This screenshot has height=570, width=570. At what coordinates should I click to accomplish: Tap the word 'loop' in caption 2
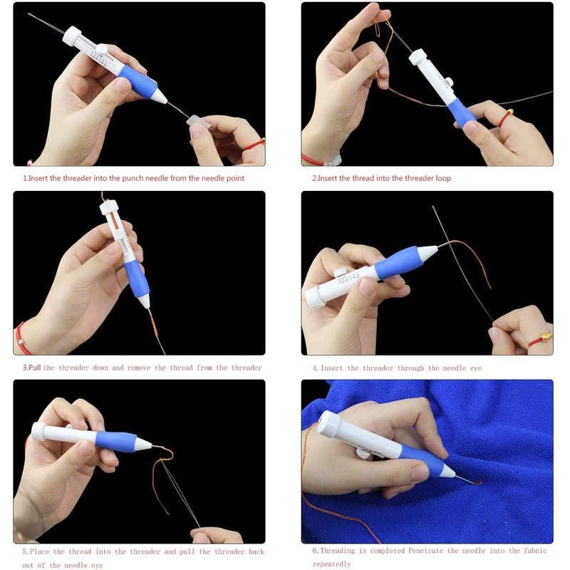pyautogui.click(x=443, y=179)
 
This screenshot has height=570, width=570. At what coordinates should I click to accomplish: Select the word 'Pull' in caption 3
pyautogui.click(x=34, y=368)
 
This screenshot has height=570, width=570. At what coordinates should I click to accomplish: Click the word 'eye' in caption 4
pyautogui.click(x=475, y=368)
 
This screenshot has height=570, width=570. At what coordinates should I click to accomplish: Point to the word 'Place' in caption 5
pyautogui.click(x=39, y=551)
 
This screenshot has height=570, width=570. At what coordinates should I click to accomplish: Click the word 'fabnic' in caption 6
pyautogui.click(x=536, y=551)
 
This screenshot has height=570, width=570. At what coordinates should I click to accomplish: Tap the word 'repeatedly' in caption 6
pyautogui.click(x=331, y=564)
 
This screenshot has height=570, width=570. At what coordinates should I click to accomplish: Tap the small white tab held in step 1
pyautogui.click(x=199, y=121)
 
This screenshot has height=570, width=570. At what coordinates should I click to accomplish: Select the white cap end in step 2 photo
pyautogui.click(x=418, y=57)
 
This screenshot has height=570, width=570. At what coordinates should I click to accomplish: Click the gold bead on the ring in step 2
pyautogui.click(x=510, y=112)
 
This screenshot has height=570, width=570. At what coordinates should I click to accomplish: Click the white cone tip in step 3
pyautogui.click(x=145, y=301)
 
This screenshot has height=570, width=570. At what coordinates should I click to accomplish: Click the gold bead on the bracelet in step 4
pyautogui.click(x=545, y=336)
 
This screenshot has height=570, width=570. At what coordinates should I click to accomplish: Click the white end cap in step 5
pyautogui.click(x=38, y=431)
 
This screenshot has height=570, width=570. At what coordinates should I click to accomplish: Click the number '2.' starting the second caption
pyautogui.click(x=315, y=179)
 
